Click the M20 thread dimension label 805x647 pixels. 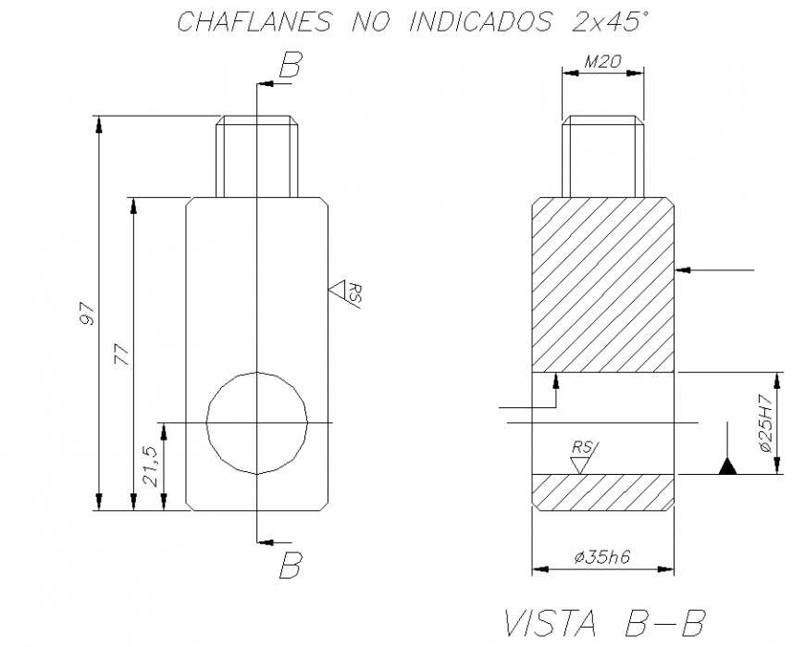602,64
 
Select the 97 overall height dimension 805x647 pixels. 88,314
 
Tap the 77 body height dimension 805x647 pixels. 121,354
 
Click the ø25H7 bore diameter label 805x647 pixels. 765,423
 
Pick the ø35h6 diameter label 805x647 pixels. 602,558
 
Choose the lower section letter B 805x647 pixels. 291,565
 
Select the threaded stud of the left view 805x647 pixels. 256,156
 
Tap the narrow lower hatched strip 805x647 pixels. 602,492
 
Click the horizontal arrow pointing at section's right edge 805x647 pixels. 717,269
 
